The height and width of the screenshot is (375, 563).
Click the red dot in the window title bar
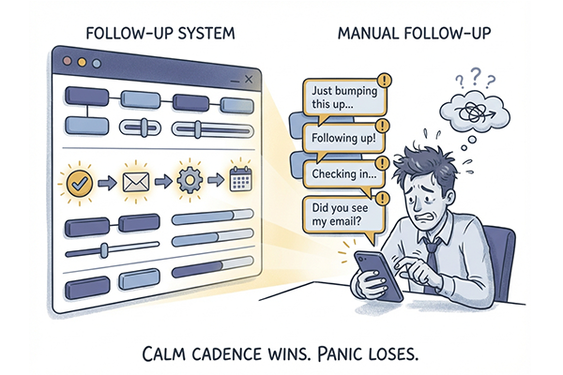(68, 61)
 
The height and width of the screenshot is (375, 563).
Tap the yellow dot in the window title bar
(82, 63)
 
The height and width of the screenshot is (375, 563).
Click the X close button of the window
(249, 80)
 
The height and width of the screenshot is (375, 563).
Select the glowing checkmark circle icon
(80, 184)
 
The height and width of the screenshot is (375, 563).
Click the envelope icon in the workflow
(136, 182)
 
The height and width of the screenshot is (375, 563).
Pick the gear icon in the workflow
(190, 180)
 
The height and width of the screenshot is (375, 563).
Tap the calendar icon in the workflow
(240, 178)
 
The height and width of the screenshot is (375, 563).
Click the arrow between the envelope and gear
(163, 181)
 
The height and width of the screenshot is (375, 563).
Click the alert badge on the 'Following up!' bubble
(383, 126)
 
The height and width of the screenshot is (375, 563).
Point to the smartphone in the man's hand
(378, 276)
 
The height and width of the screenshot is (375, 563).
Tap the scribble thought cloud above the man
(475, 112)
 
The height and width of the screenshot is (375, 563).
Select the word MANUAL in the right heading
(369, 34)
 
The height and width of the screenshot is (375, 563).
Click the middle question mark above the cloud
(475, 77)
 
